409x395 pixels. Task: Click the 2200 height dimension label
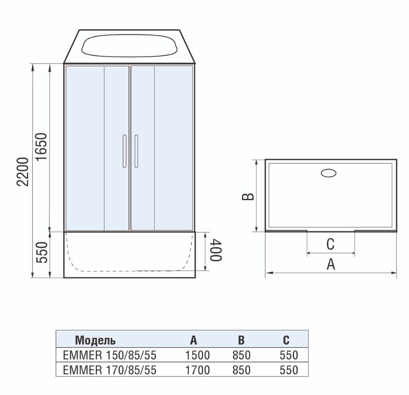(22, 171)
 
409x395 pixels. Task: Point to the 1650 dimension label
(41, 147)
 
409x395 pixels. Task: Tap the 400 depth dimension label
(216, 250)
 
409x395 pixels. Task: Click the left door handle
(124, 151)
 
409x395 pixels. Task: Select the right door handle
(136, 151)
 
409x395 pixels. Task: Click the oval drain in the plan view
(329, 173)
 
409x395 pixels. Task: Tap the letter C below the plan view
(330, 244)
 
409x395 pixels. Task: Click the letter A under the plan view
(331, 264)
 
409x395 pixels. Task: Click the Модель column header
(95, 340)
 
